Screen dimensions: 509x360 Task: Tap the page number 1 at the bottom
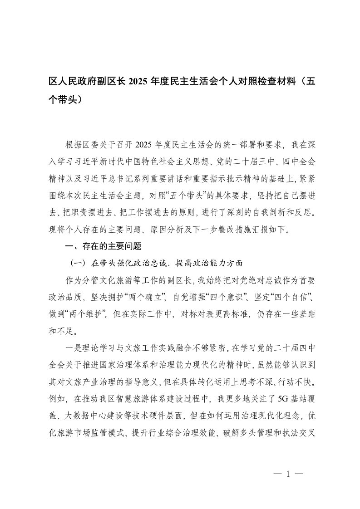(288, 474)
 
